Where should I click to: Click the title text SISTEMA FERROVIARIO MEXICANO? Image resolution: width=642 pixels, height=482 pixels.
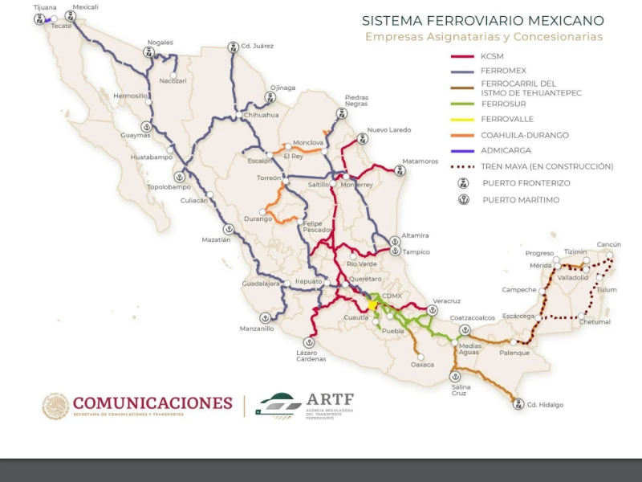483,21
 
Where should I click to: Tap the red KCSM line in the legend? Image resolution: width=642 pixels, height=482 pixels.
462,56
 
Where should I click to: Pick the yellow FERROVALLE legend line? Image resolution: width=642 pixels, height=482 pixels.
462,119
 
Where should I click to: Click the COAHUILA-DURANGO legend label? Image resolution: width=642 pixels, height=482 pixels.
524,135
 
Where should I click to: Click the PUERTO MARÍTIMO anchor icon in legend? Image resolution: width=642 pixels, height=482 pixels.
463,199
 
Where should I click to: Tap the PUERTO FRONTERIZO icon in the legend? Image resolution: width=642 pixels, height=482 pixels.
463,183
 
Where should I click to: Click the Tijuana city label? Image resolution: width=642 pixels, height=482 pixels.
45,7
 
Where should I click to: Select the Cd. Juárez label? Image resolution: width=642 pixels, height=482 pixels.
257,46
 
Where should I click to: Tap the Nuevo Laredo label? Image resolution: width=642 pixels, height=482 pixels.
388,129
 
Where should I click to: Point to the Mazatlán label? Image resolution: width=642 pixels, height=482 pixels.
215,239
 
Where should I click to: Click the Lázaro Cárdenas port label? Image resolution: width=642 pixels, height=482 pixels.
309,355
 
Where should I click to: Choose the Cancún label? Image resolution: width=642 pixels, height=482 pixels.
609,244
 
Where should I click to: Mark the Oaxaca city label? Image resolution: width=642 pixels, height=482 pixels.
422,365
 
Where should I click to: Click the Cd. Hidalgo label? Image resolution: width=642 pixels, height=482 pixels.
545,404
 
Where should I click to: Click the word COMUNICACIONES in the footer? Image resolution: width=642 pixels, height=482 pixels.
152,403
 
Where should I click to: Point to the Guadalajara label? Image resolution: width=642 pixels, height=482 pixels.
261,284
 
